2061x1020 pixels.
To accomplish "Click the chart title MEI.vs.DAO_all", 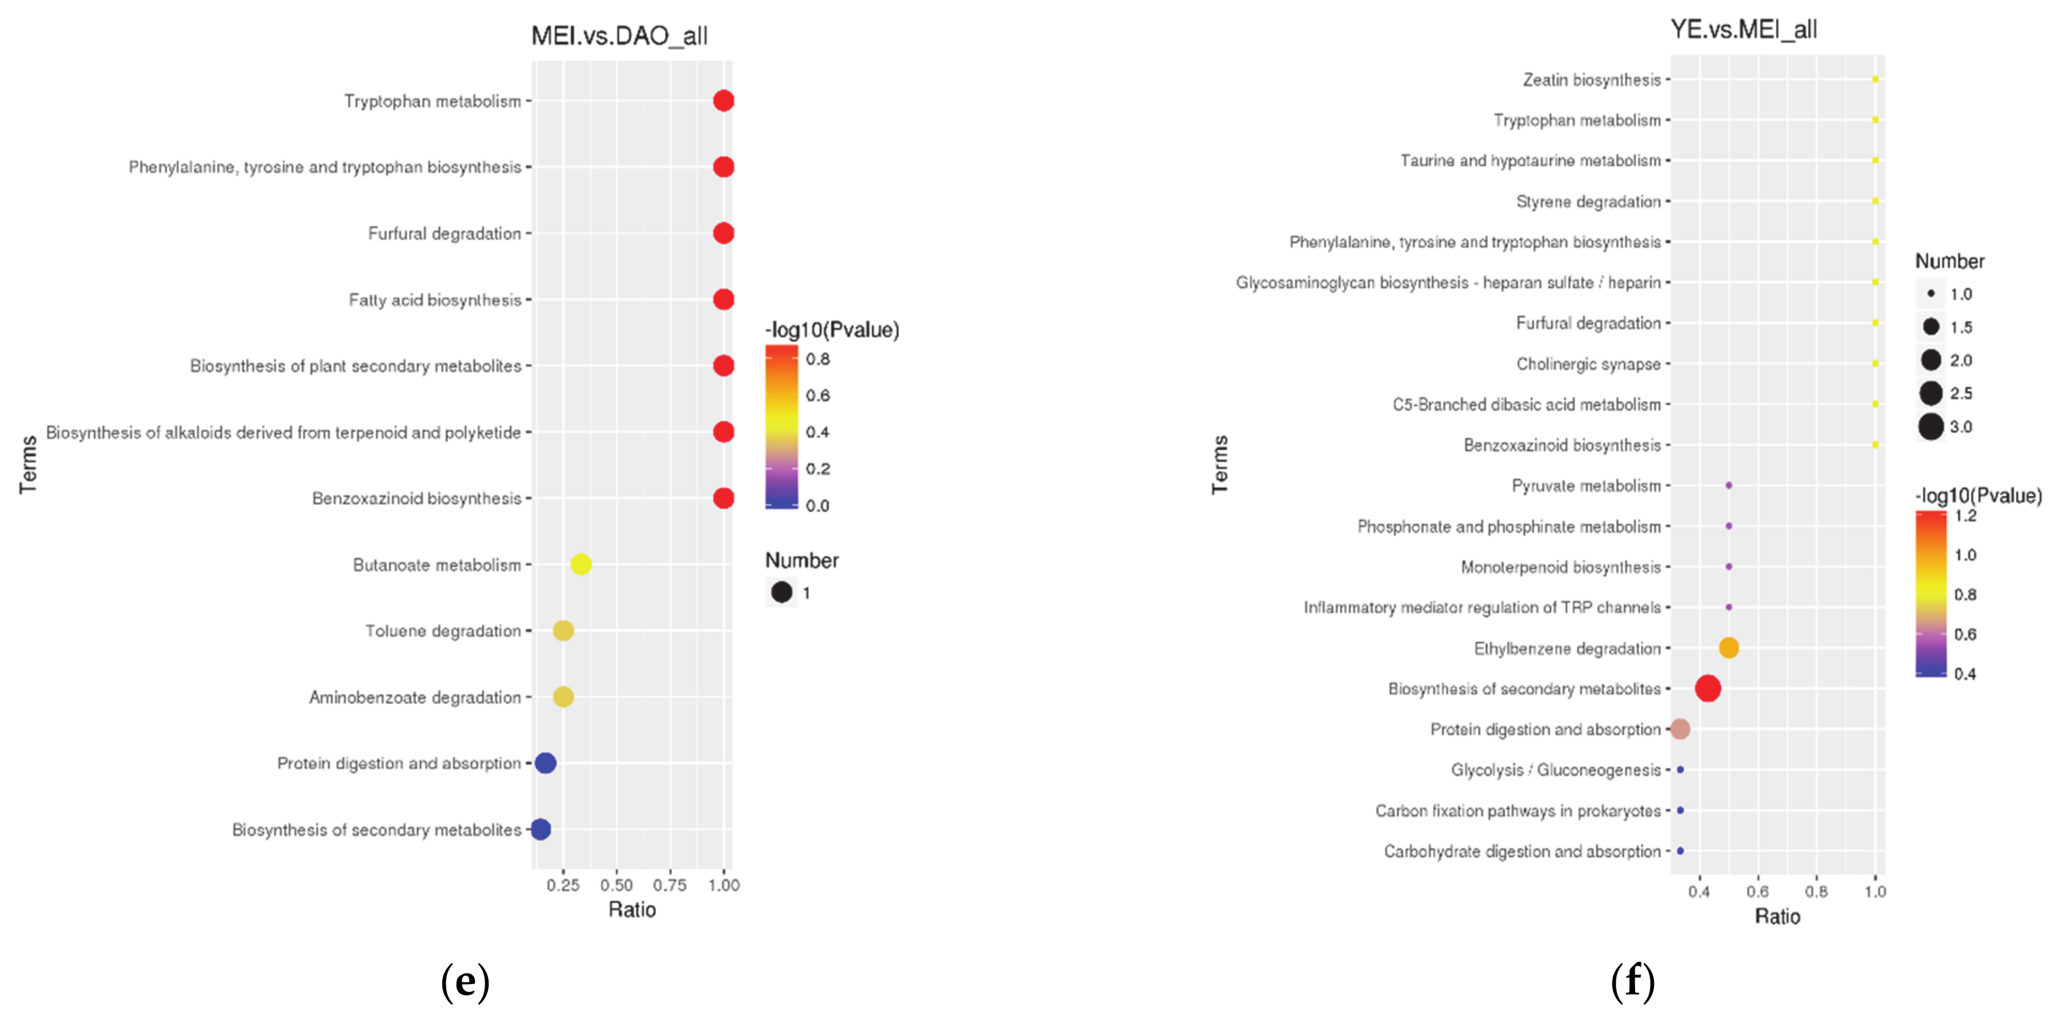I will tap(619, 36).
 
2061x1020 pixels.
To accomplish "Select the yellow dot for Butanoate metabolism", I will tap(581, 565).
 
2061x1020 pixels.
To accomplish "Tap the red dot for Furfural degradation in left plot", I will tap(723, 233).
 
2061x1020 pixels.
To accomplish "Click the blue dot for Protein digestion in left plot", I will tap(545, 763).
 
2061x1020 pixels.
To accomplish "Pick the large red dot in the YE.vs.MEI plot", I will tap(1707, 688).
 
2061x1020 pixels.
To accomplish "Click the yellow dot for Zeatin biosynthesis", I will tap(1875, 79).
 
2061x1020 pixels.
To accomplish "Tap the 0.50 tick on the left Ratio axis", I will tap(616, 885).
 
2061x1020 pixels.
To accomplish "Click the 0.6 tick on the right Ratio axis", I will tap(1758, 891).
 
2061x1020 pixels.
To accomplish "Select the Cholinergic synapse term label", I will tap(1588, 364).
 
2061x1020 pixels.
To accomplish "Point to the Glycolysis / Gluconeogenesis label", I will tap(1555, 770).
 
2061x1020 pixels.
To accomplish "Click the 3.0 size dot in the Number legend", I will tap(1931, 426).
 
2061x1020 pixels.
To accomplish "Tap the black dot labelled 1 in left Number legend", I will tap(782, 593).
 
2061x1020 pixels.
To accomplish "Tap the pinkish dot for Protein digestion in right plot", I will tap(1680, 729).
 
